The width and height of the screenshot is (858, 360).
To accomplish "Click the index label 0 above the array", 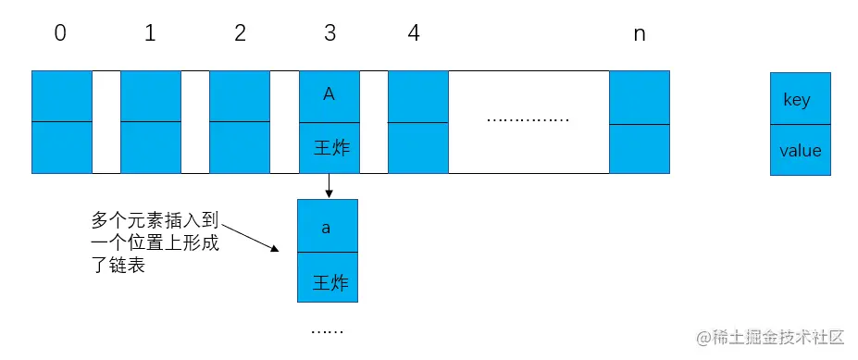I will tap(61, 34).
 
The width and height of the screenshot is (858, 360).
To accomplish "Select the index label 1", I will tap(150, 34).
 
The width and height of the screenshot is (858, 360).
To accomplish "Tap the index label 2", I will tap(240, 34).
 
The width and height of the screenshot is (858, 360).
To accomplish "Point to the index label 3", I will tap(330, 34).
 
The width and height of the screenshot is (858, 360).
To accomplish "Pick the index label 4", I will tap(413, 34).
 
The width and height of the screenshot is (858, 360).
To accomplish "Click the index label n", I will tap(639, 34).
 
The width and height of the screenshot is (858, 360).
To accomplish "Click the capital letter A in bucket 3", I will tap(329, 94).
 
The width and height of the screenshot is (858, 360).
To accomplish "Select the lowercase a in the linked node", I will tap(326, 227).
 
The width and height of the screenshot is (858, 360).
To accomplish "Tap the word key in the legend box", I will tap(797, 100).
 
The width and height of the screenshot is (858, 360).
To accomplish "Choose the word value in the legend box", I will tap(800, 150).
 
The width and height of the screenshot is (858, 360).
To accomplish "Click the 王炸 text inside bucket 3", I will tap(329, 148).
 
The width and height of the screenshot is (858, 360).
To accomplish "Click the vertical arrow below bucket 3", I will tap(329, 186).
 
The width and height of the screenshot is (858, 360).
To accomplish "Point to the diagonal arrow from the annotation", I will tap(251, 236).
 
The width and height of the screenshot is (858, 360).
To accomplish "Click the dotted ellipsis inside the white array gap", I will tap(528, 119).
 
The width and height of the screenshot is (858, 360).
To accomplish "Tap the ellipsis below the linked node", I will tap(326, 330).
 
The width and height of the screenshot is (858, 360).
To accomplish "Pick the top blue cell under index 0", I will tap(62, 95).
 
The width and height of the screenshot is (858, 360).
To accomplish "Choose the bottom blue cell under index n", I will tap(640, 148).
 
